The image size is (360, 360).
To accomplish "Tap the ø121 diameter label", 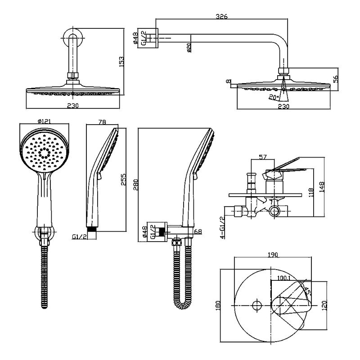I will point(46,121).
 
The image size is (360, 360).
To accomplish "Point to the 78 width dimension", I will point(102,122).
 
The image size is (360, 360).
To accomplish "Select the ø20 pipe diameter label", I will point(189,47).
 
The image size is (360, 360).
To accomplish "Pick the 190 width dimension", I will point(273,255).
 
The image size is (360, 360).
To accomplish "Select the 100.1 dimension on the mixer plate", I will point(283,278).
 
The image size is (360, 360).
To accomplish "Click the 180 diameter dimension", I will point(218,306).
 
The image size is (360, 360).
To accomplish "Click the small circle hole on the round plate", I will point(256,306).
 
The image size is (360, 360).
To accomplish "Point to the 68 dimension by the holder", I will point(197,232).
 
